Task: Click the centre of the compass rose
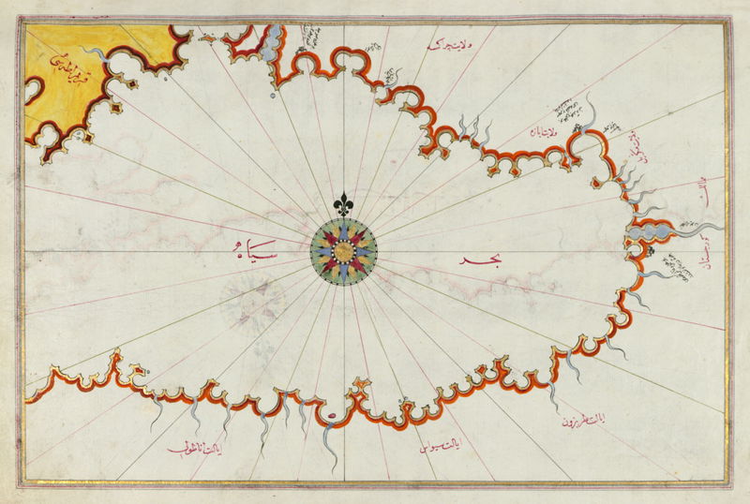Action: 344,250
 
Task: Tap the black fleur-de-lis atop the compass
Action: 344,203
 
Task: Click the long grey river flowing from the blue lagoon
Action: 698,228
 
